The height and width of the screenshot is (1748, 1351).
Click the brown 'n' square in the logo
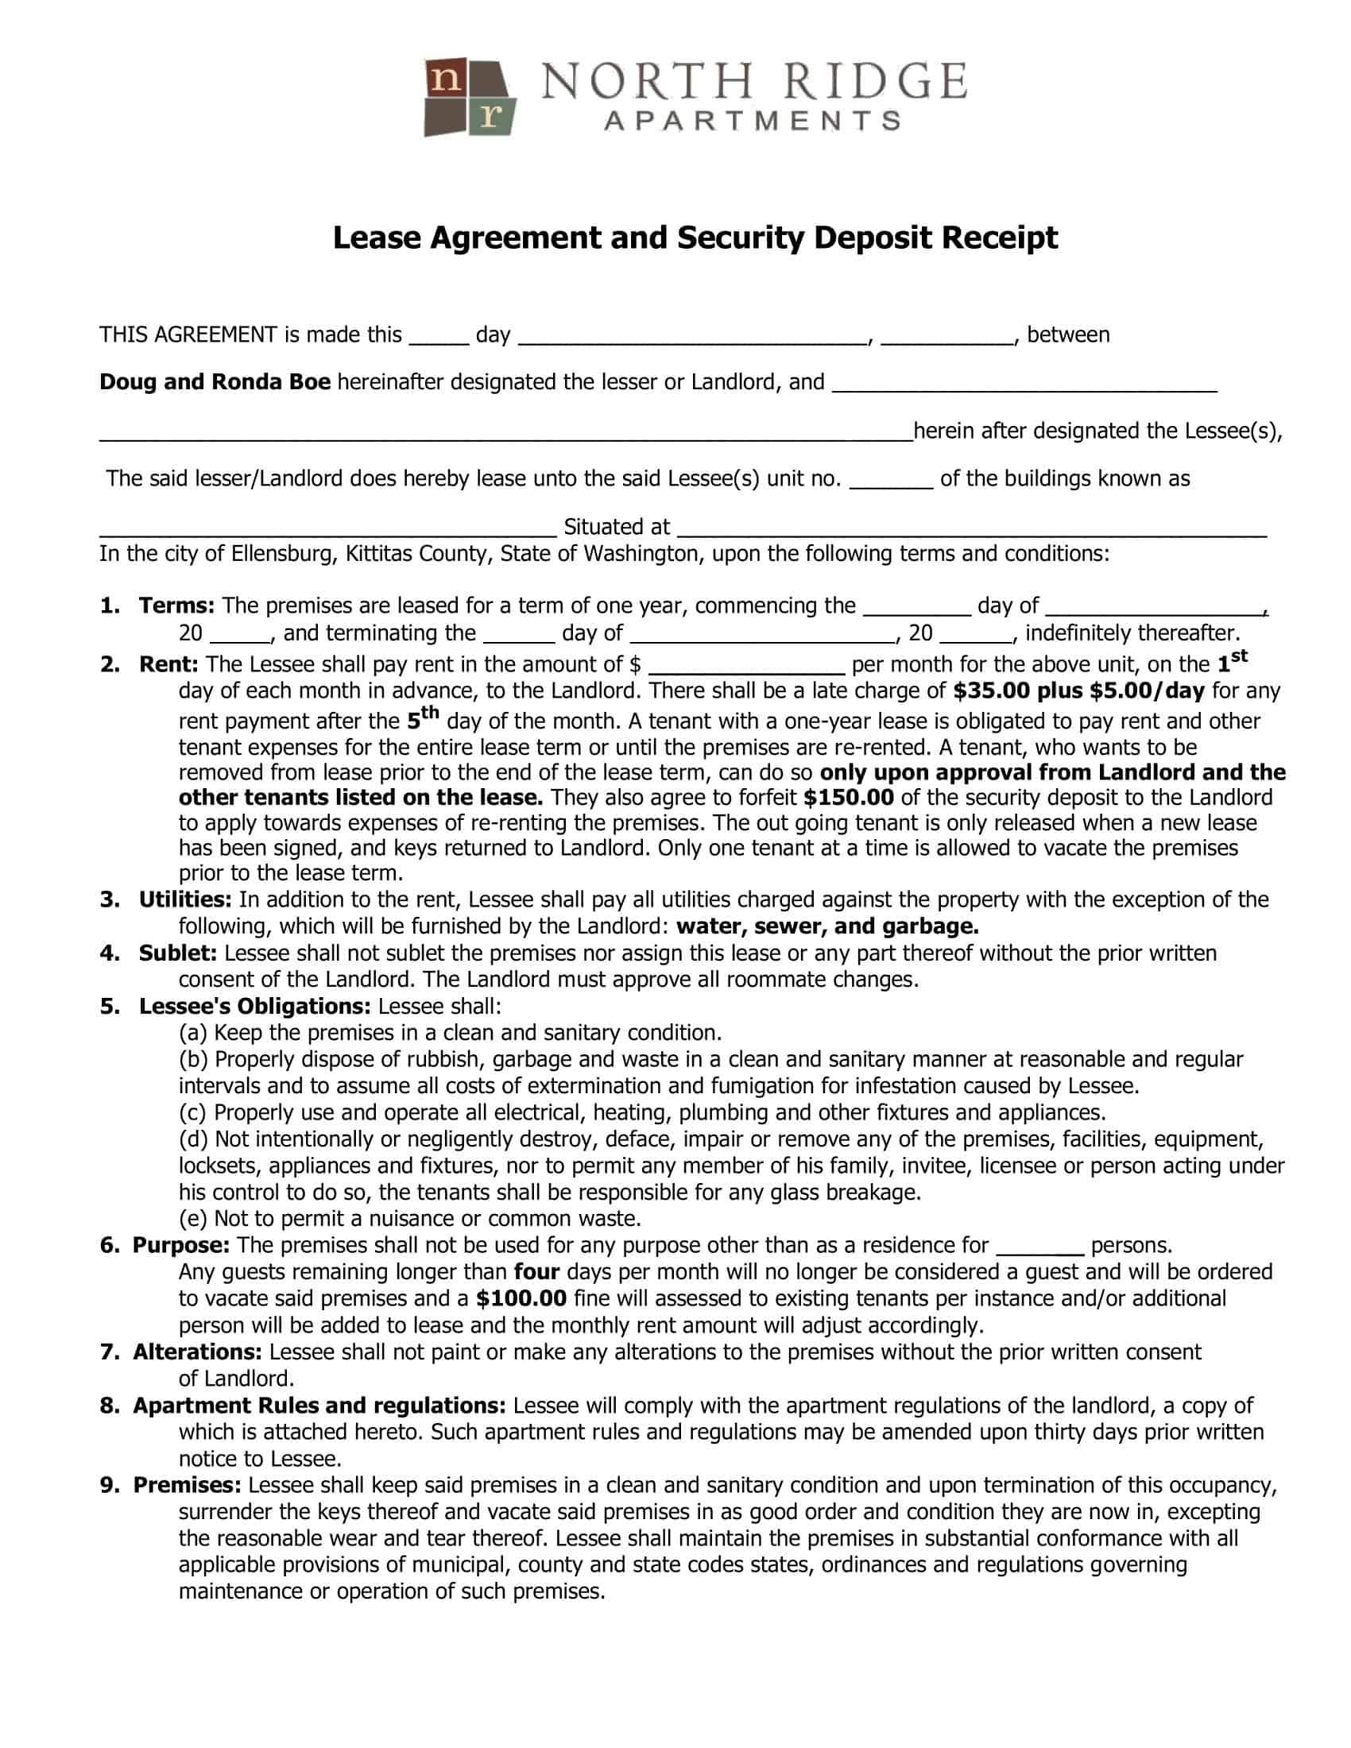(445, 79)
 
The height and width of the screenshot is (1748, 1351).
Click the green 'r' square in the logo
(490, 116)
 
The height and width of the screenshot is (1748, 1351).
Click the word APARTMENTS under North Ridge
(753, 122)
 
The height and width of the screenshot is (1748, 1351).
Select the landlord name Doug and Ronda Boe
(215, 381)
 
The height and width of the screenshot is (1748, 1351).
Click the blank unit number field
(890, 480)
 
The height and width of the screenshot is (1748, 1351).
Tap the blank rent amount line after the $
(746, 666)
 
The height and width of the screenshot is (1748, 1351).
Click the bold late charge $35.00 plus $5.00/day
(1078, 690)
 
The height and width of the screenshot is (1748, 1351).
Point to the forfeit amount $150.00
(849, 797)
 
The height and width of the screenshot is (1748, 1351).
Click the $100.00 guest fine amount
(521, 1298)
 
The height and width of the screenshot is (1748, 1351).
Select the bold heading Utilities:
(185, 899)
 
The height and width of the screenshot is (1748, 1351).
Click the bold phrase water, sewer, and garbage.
(826, 926)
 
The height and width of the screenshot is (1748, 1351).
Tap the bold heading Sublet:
(178, 953)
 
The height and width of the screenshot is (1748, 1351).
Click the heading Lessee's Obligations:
(254, 1006)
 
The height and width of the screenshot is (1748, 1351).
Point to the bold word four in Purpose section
(536, 1272)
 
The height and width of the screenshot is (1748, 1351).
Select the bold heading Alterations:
(198, 1352)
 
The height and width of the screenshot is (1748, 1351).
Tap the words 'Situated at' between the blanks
(616, 527)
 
